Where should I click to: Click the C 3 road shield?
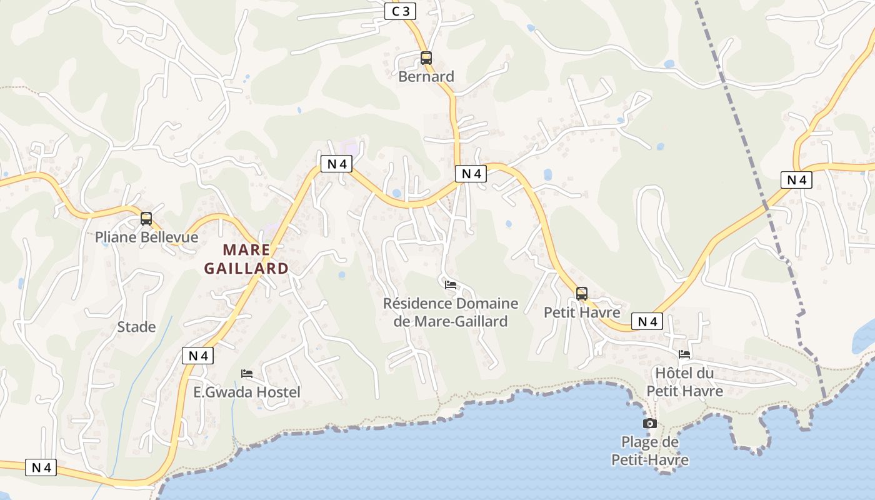[400, 11]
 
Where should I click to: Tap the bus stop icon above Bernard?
[426, 58]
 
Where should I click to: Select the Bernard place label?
[426, 76]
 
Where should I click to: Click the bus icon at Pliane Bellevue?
[146, 219]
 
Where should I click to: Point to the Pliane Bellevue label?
[146, 237]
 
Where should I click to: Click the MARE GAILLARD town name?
[246, 259]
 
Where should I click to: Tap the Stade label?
[136, 327]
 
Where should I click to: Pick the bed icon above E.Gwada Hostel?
[247, 374]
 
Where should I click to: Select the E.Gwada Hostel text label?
[247, 392]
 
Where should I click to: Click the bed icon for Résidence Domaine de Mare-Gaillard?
[451, 285]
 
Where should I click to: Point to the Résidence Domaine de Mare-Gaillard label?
[451, 312]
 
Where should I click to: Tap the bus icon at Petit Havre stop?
[582, 294]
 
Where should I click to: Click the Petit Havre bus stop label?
[582, 312]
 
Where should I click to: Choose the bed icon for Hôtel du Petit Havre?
[684, 354]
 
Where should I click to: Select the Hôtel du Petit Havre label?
[684, 382]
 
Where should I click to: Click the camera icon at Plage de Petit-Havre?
[650, 424]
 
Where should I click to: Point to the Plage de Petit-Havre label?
[650, 451]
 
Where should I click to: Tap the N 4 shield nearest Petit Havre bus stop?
[647, 322]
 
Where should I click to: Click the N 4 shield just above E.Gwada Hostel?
[198, 356]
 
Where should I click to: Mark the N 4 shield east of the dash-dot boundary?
[796, 180]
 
